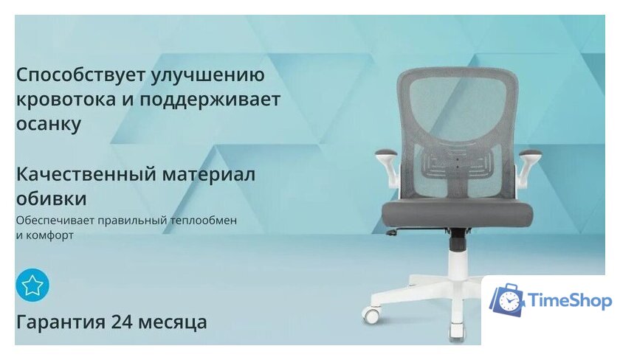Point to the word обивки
point(51,198)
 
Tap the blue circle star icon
point(32,285)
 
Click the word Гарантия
point(61,322)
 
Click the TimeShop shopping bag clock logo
point(508,300)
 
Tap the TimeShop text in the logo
point(570,301)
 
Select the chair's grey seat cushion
point(458,214)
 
